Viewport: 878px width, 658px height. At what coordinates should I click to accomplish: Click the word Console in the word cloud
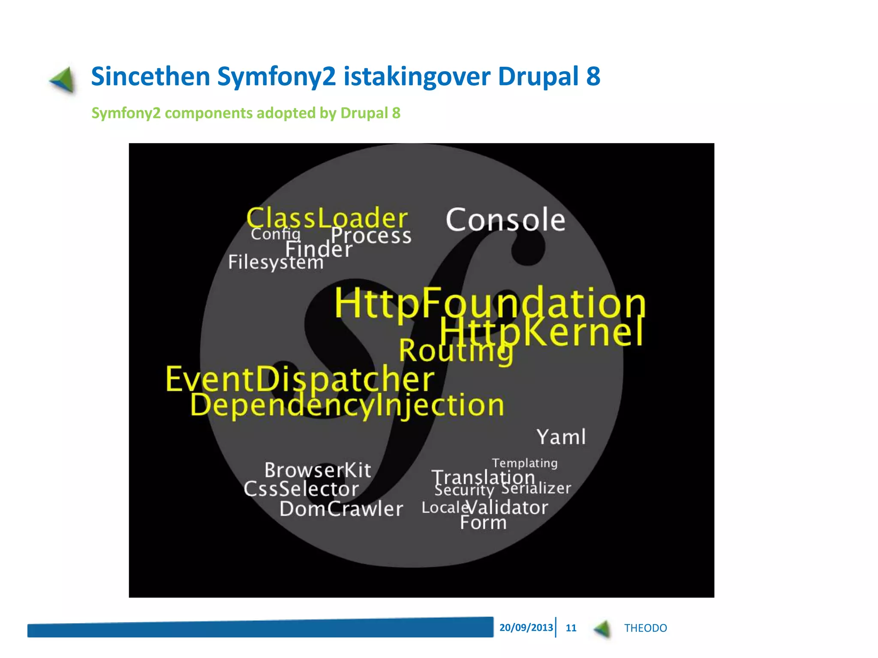click(505, 220)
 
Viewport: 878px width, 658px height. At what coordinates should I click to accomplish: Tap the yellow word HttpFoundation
click(490, 303)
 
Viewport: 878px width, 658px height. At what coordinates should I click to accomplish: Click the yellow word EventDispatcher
click(300, 379)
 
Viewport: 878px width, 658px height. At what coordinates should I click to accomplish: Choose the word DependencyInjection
click(347, 405)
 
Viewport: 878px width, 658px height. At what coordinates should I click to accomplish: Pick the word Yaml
click(561, 437)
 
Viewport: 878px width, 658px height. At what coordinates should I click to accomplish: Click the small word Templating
click(525, 463)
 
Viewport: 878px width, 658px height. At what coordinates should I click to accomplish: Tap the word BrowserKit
click(318, 470)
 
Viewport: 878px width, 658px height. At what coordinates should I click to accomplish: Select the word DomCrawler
click(341, 509)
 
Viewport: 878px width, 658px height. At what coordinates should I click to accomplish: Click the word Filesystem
click(276, 262)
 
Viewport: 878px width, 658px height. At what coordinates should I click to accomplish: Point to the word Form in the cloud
click(483, 523)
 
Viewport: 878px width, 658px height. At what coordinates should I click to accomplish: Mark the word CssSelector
click(301, 489)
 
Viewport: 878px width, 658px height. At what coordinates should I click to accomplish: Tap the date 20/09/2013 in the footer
click(526, 628)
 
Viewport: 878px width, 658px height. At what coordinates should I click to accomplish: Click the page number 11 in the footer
click(571, 628)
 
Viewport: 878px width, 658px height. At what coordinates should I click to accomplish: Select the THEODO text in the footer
click(645, 628)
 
